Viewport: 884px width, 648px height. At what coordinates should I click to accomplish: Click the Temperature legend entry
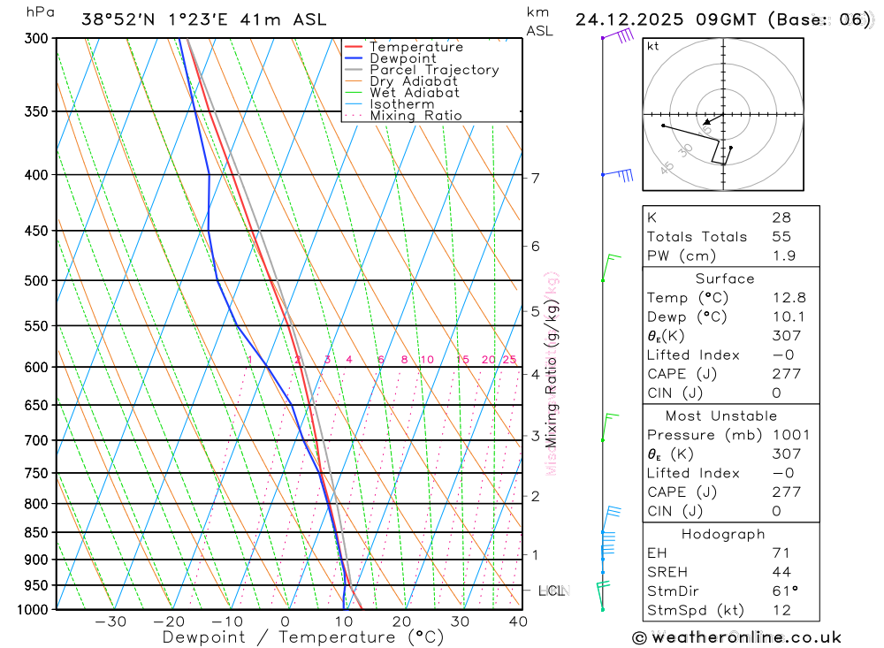click(415, 47)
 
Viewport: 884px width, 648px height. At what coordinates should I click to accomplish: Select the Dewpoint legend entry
click(402, 58)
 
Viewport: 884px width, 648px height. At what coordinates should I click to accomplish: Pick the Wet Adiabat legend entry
click(414, 93)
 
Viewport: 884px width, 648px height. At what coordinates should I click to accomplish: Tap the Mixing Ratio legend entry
click(415, 116)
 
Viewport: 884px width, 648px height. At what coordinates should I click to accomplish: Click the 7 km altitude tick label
click(536, 178)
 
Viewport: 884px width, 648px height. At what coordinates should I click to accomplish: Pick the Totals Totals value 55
click(781, 237)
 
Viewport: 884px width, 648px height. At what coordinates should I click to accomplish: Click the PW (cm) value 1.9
click(783, 256)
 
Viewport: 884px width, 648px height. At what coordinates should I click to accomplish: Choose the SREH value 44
click(781, 572)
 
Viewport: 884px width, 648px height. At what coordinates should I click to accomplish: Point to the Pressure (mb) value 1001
click(789, 435)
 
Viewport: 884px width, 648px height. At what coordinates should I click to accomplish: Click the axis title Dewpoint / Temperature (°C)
click(290, 637)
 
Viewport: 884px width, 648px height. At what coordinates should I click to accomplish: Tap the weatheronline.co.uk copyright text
click(736, 637)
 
